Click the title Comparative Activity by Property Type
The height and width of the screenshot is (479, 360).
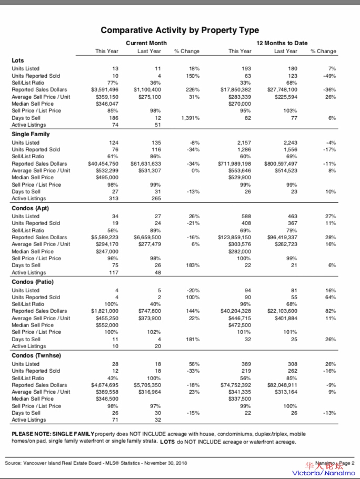179,30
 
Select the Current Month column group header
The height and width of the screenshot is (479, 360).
146,43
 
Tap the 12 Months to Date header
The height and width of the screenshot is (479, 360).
282,43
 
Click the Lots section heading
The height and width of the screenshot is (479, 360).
18,60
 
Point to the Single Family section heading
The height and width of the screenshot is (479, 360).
31,134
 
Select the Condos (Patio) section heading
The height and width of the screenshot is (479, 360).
33,282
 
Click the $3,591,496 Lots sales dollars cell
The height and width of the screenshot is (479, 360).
104,90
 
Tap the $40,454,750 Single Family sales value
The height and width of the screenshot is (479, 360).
103,164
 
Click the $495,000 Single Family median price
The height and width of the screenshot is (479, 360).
107,178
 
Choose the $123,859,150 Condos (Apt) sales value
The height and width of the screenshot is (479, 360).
235,237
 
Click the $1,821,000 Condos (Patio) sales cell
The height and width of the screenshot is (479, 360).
105,311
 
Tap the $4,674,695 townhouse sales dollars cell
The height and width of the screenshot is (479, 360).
104,385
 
